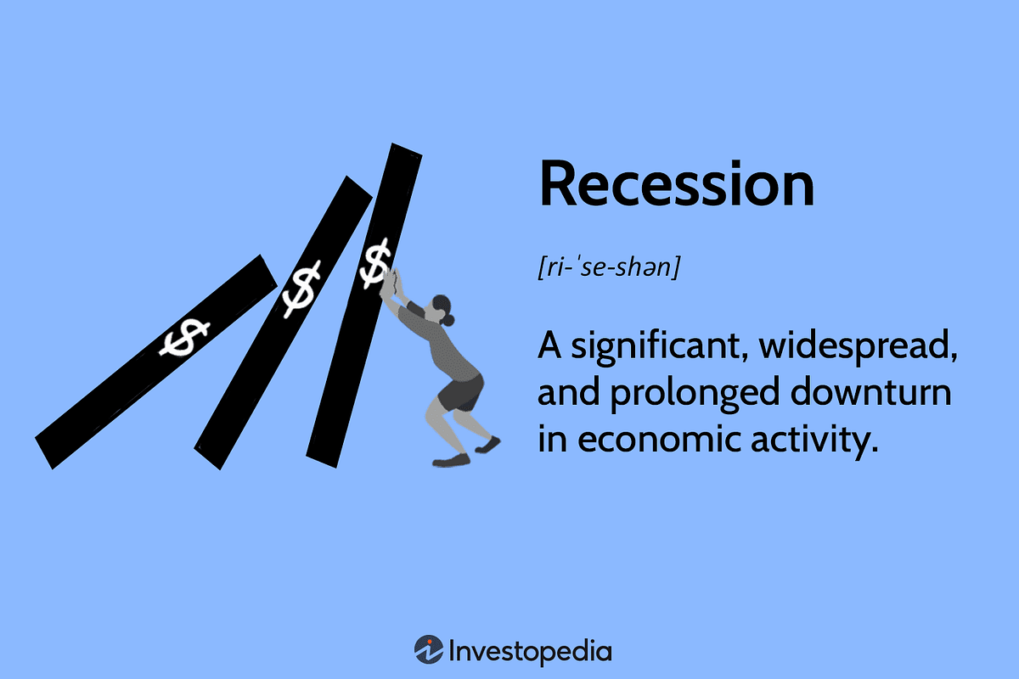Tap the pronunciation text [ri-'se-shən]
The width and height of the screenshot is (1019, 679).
pyautogui.click(x=608, y=269)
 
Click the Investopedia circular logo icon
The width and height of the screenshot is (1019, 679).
pyautogui.click(x=429, y=649)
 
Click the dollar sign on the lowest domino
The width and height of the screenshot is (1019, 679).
pyautogui.click(x=185, y=339)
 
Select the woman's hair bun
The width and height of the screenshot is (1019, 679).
pyautogui.click(x=449, y=321)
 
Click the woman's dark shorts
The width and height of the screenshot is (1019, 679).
pyautogui.click(x=460, y=392)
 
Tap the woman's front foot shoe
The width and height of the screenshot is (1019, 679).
pyautogui.click(x=451, y=460)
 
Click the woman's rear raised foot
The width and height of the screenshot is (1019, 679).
pyautogui.click(x=488, y=444)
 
